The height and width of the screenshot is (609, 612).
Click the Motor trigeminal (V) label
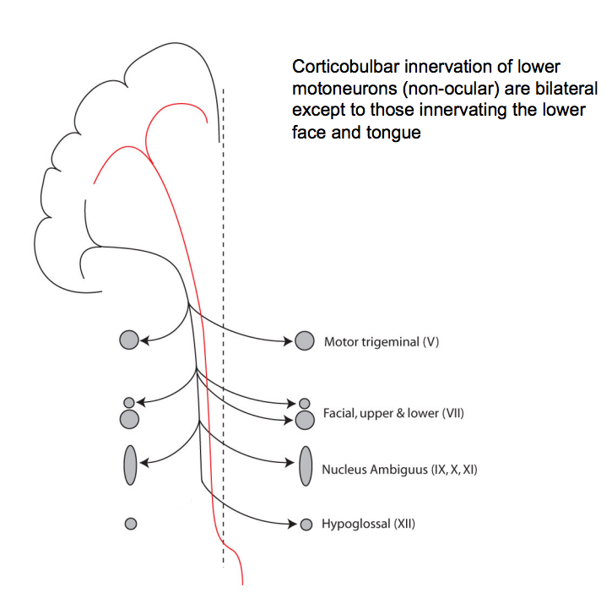(x=382, y=342)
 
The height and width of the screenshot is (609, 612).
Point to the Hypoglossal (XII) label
(x=368, y=525)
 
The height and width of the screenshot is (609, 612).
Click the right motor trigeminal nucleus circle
(x=305, y=341)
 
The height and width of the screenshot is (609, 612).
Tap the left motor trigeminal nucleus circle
(x=129, y=340)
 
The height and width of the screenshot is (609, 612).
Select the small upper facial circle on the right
(x=305, y=404)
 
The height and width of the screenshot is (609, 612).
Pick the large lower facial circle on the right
(x=305, y=420)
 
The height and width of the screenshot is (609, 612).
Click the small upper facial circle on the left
(x=129, y=402)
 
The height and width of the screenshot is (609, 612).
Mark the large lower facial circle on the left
(x=129, y=418)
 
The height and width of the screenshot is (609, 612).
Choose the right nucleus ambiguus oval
(x=306, y=465)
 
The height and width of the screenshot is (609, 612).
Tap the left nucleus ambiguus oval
(x=130, y=465)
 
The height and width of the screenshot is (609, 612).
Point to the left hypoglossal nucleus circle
(x=130, y=524)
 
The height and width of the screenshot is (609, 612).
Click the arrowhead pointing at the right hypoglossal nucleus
(x=293, y=525)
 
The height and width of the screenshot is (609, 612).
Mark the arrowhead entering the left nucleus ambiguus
(x=144, y=463)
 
